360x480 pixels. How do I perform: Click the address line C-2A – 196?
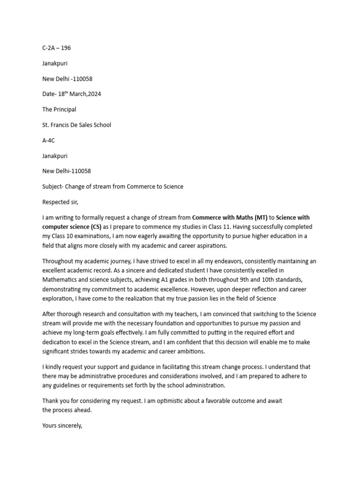56,48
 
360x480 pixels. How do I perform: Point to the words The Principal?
59,110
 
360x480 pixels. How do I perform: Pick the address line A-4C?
49,141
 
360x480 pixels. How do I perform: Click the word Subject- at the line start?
53,187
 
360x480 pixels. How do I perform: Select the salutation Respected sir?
61,202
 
